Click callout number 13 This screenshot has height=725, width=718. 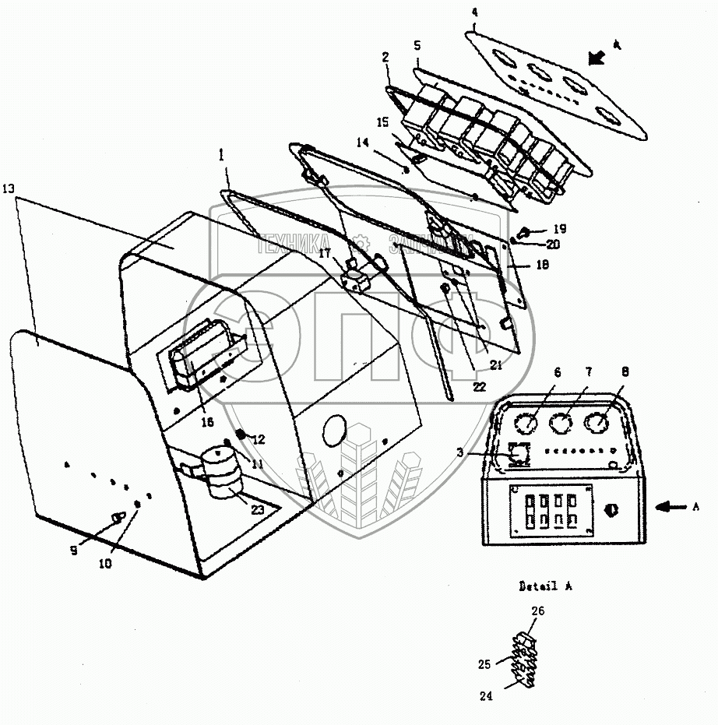coord(8,189)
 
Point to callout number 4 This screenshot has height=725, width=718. coord(475,12)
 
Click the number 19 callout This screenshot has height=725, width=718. coord(561,229)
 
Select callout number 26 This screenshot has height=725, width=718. coord(536,611)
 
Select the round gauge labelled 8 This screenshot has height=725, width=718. coord(597,424)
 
